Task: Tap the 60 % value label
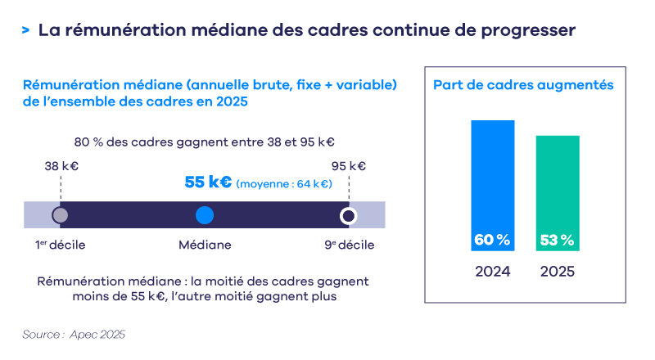(492, 241)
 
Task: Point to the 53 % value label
(558, 241)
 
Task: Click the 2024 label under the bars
(492, 272)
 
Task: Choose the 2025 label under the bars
(558, 272)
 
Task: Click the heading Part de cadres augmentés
(524, 84)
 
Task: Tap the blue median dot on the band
(205, 215)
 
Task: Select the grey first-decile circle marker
(60, 216)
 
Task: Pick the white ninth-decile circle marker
(349, 216)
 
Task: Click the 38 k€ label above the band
(61, 166)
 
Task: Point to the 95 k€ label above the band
(349, 166)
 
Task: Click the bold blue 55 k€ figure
(208, 182)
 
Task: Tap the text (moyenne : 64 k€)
(284, 184)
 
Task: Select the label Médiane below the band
(205, 245)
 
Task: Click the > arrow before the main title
(26, 30)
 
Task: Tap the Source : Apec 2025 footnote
(74, 335)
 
